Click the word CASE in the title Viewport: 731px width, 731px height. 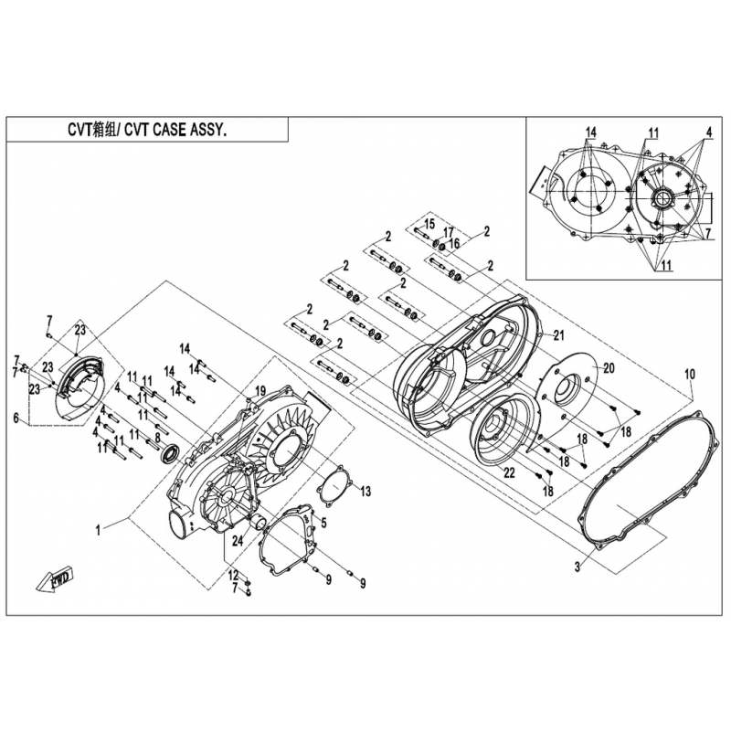point(170,130)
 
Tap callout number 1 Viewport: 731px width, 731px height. point(98,530)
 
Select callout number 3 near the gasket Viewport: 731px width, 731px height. point(577,567)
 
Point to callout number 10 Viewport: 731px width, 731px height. point(690,374)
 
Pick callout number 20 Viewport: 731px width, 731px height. point(609,368)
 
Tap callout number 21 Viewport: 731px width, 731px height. point(558,334)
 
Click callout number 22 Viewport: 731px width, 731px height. point(509,472)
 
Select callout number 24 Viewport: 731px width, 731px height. point(238,540)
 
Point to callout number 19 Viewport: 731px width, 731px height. point(260,391)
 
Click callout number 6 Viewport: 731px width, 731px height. point(16,418)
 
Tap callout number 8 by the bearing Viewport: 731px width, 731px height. point(157,438)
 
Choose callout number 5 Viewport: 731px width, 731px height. point(323,523)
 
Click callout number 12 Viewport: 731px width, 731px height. point(233,574)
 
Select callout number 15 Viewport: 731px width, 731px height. point(429,224)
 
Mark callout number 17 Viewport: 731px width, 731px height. point(448,233)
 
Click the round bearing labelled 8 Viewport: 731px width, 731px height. point(170,454)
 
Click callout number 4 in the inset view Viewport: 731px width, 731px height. point(709,132)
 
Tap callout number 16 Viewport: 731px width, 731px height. point(454,243)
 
